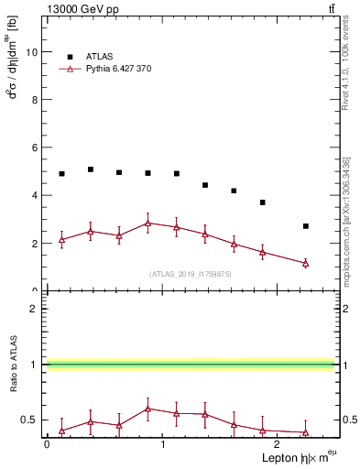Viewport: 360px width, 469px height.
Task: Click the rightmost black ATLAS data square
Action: pyautogui.click(x=306, y=226)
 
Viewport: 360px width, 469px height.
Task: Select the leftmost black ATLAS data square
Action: pyautogui.click(x=61, y=174)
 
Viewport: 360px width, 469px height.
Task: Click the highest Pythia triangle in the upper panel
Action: pyautogui.click(x=147, y=223)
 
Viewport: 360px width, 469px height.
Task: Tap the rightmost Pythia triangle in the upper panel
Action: pyautogui.click(x=306, y=263)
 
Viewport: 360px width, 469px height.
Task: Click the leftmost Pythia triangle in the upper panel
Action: pyautogui.click(x=61, y=239)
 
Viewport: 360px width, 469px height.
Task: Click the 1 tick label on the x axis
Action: pyautogui.click(x=162, y=443)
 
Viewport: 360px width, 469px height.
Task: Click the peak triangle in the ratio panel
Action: pyautogui.click(x=147, y=409)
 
